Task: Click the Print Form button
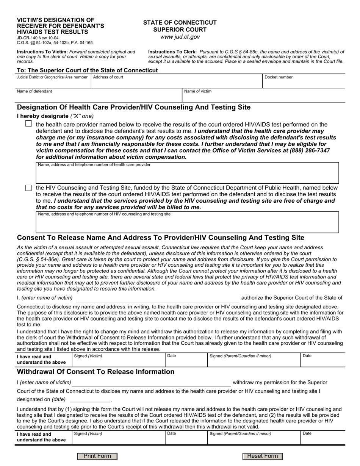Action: point(97,456)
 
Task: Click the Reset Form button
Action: point(262,456)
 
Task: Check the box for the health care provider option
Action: point(28,124)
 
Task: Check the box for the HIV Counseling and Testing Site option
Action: point(28,188)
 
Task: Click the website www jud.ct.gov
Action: point(180,37)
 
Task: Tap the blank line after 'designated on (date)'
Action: point(90,400)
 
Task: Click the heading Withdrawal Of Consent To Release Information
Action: point(95,372)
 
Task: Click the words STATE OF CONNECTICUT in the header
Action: point(180,23)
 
